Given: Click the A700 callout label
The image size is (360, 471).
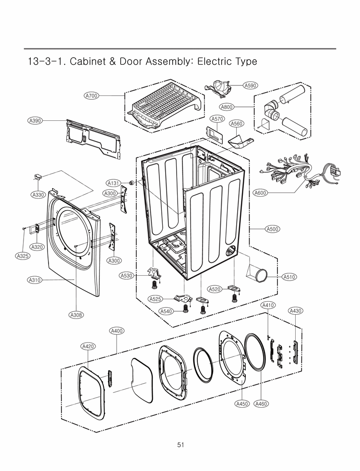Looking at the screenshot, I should point(91,96).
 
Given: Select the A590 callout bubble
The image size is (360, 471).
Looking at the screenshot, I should point(250,85).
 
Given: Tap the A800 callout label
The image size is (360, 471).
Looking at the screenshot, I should point(227,106).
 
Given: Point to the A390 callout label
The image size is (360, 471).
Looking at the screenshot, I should point(35,121).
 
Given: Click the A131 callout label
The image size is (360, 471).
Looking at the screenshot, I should point(113,183).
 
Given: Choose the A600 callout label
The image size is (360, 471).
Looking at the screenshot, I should point(261,193).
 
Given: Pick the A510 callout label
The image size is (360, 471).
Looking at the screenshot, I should point(288,277).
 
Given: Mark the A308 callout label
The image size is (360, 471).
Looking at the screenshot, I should point(76,315).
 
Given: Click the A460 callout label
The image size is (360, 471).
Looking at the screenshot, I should point(261,404).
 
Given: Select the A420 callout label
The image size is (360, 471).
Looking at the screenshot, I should point(88,346).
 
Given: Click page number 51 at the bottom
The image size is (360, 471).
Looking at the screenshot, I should point(180,445).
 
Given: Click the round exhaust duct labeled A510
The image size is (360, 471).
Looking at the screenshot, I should point(260,274).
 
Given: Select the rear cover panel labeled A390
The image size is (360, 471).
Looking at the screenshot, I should point(91,137).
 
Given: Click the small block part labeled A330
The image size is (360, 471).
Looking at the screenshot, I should point(39,177).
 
